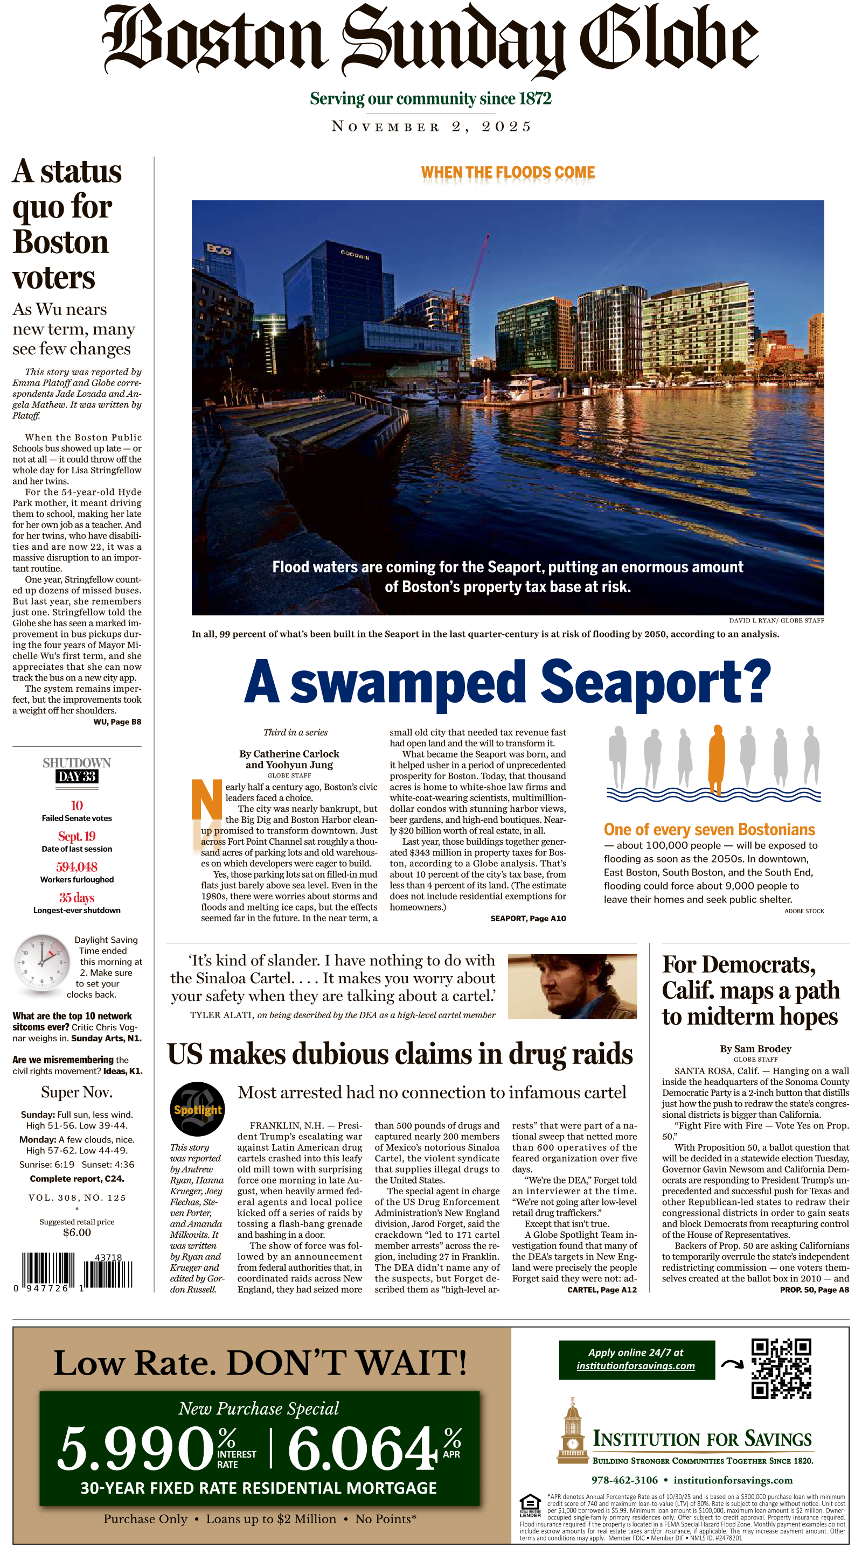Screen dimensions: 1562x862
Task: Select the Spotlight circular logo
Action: [197, 1109]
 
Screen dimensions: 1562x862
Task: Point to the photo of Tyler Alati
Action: [572, 986]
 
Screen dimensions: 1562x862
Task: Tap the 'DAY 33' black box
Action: [77, 776]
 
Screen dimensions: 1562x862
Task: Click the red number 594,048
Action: [77, 866]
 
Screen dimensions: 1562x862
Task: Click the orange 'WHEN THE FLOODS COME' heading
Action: [508, 173]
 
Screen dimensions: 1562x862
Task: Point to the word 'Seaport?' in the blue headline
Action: [655, 683]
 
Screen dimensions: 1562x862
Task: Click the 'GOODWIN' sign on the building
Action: [354, 255]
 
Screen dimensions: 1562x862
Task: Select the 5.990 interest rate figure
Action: [136, 1448]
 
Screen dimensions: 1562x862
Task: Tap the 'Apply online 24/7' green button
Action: [636, 1359]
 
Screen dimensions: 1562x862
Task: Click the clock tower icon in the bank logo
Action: [572, 1431]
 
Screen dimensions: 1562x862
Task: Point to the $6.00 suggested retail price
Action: [77, 1232]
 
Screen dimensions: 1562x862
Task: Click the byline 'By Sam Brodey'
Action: [755, 1048]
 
